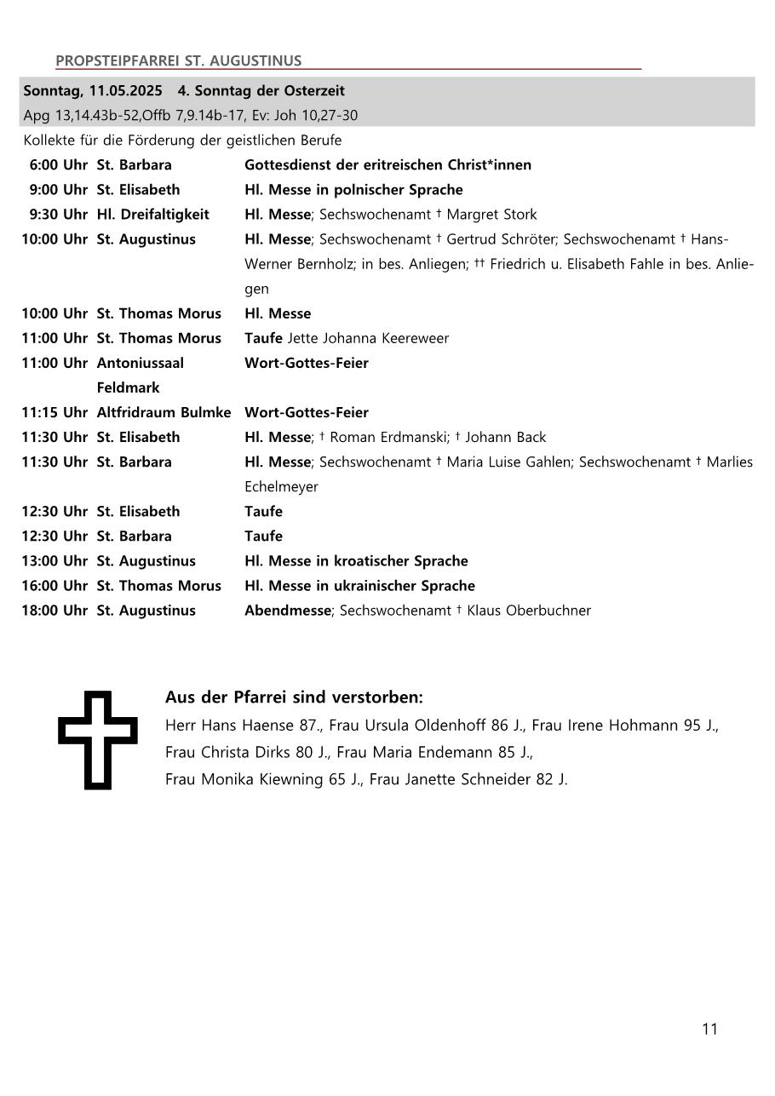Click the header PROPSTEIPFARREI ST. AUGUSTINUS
pyautogui.click(x=178, y=60)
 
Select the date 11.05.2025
pyautogui.click(x=125, y=90)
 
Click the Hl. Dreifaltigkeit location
pyautogui.click(x=152, y=214)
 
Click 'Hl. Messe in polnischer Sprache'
pyautogui.click(x=353, y=189)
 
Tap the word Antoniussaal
pyautogui.click(x=140, y=363)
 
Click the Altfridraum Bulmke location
pyautogui.click(x=164, y=412)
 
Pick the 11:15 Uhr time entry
pyautogui.click(x=55, y=412)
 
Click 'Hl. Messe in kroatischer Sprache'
pyautogui.click(x=356, y=560)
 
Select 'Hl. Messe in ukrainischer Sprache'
pyautogui.click(x=359, y=585)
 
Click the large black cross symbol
pyautogui.click(x=98, y=739)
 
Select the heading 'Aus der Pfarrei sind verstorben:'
pyautogui.click(x=294, y=697)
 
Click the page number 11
pyautogui.click(x=709, y=1029)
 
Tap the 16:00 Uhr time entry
pyautogui.click(x=55, y=585)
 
